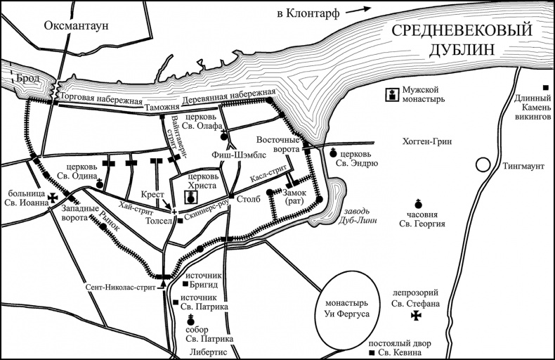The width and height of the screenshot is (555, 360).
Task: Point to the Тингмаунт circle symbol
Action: (x=482, y=165)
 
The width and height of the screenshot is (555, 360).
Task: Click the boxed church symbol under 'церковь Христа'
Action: (x=190, y=198)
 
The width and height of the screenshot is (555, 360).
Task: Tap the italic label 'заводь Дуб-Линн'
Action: (x=353, y=214)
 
